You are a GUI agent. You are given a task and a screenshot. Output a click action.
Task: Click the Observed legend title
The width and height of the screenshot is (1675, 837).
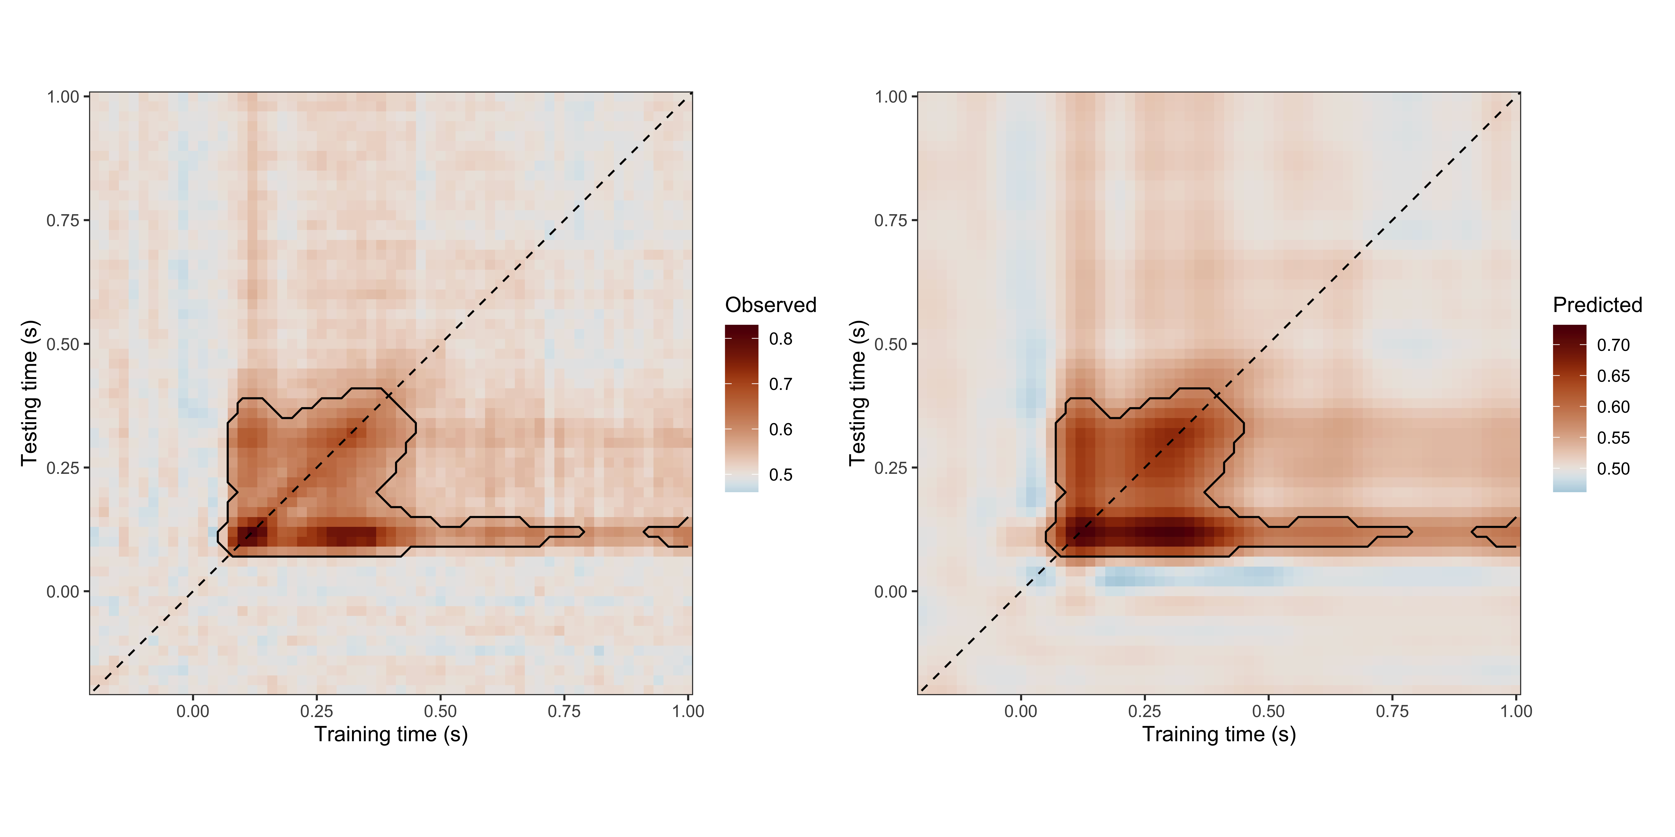coord(770,305)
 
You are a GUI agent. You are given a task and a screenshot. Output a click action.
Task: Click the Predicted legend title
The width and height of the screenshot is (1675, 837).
coord(1597,305)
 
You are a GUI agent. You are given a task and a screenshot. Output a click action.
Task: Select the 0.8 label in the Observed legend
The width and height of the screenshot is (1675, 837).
coord(780,339)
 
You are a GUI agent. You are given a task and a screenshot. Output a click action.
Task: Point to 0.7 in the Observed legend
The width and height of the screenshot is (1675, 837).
coord(780,384)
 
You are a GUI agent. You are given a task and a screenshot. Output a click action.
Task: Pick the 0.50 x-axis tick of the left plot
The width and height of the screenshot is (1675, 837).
coord(440,711)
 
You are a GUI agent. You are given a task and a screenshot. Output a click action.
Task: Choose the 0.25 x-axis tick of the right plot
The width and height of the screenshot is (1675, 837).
coord(1144,711)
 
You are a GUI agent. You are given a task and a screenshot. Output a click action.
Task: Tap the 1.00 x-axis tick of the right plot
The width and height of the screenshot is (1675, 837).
coord(1516,711)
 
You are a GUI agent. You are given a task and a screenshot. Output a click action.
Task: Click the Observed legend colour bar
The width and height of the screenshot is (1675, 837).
coord(741,408)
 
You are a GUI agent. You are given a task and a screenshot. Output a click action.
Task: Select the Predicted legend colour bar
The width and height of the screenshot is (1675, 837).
coord(1569,408)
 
